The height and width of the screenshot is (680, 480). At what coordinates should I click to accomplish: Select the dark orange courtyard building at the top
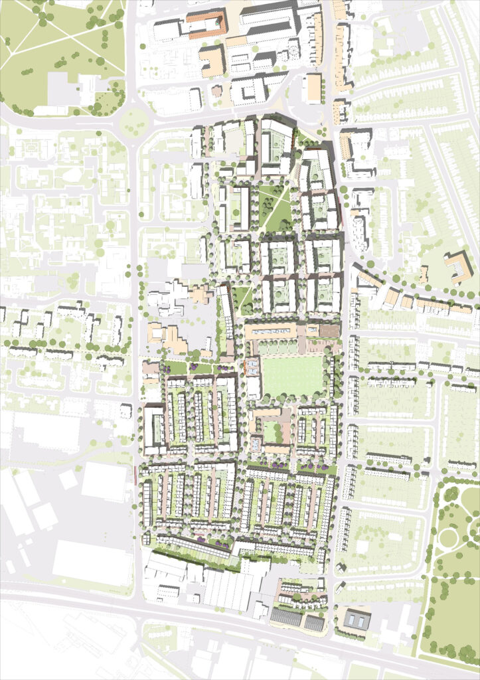point(206,23)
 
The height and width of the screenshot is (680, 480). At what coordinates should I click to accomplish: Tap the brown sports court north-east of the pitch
point(327,330)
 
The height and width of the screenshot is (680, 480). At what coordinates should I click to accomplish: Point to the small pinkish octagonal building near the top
point(217,91)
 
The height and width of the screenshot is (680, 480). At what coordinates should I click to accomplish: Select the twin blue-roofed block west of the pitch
point(253,367)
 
